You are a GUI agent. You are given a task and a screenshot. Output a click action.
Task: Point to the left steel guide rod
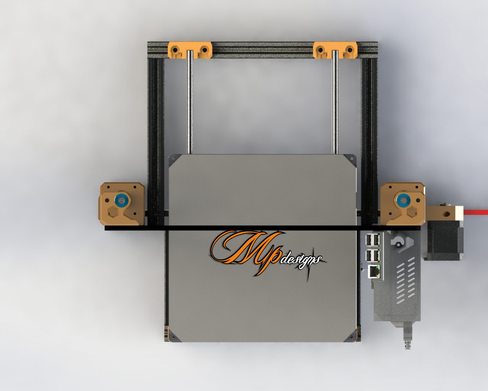[190, 102]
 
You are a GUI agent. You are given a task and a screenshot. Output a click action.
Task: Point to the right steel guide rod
[335, 102]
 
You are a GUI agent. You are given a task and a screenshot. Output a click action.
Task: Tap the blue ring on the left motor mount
[122, 200]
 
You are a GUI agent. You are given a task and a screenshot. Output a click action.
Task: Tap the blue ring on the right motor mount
[403, 200]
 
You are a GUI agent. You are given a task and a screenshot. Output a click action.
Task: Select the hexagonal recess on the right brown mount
[412, 212]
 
